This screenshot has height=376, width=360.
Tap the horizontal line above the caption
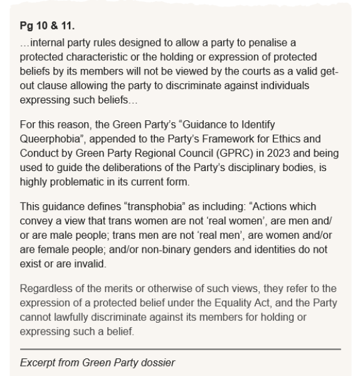coord(180,348)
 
